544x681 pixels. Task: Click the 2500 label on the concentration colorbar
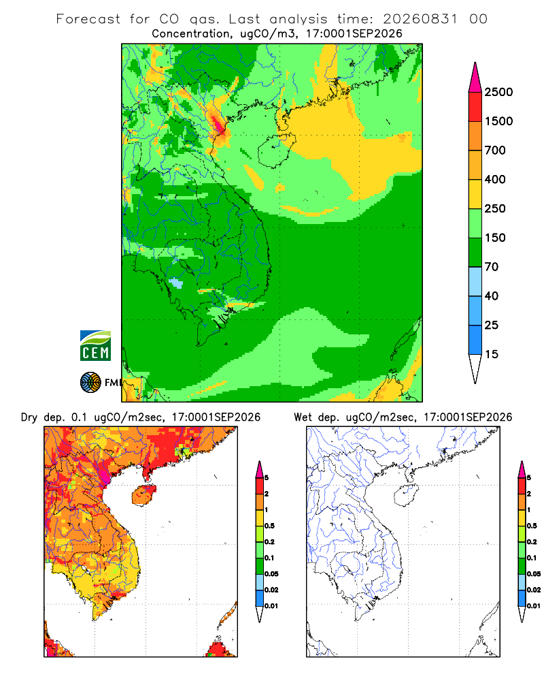(498, 92)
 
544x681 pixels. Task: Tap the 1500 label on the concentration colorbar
(498, 121)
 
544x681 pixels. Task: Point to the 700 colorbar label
(495, 151)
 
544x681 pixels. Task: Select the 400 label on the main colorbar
(495, 179)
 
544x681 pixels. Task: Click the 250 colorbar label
(495, 208)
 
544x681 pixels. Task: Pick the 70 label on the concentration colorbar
(492, 267)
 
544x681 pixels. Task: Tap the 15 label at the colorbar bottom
(492, 354)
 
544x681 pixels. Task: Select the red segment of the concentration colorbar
(475, 107)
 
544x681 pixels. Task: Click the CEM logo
(95, 346)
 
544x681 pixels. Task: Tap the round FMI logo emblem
(90, 382)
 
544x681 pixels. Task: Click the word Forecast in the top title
(88, 19)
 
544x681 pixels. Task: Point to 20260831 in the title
(420, 19)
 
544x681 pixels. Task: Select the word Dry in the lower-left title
(29, 417)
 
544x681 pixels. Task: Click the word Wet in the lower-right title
(303, 417)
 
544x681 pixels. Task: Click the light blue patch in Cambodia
(175, 283)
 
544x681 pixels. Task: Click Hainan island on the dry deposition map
(143, 496)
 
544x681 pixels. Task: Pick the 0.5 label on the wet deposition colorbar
(532, 526)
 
